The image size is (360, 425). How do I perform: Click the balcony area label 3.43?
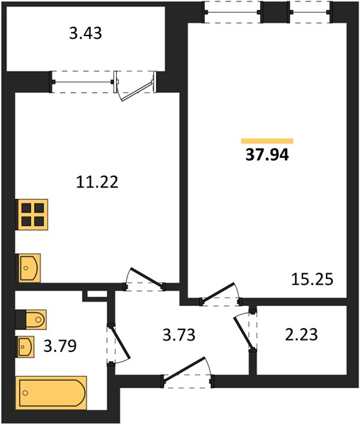[85, 33]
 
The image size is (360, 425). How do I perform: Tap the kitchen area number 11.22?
[97, 182]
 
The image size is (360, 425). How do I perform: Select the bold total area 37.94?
[267, 155]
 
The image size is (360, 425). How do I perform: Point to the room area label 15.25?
[313, 280]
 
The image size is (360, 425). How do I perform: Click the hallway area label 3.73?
[179, 335]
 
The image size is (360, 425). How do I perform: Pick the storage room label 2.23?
[301, 334]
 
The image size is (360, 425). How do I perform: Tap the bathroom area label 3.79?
[60, 346]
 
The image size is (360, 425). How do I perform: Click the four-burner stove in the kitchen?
[33, 215]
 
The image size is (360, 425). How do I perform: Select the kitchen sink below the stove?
[29, 268]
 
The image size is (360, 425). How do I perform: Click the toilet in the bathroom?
[36, 319]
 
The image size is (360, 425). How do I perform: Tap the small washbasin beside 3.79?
[26, 347]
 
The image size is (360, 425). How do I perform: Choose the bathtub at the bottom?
[51, 392]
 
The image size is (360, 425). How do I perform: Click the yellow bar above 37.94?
[267, 141]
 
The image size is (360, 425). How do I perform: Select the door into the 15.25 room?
[218, 293]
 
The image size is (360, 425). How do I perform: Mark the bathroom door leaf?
[120, 342]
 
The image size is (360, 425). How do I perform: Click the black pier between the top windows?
[275, 12]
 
